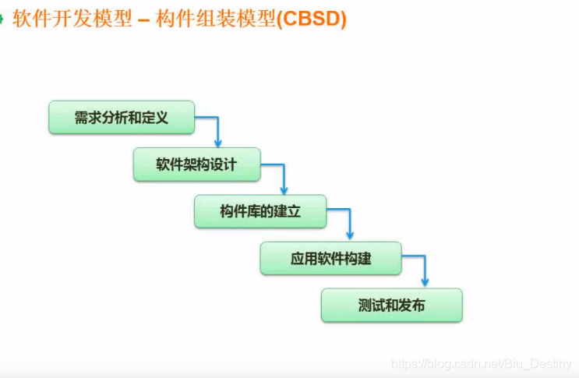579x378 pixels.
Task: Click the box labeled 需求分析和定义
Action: (121, 118)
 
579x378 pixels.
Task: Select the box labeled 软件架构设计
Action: (196, 165)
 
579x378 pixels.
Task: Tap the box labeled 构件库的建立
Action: (260, 211)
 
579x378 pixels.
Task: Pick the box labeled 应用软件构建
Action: (330, 259)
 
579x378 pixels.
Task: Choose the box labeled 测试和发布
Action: (391, 305)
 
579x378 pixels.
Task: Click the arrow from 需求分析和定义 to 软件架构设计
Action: (217, 129)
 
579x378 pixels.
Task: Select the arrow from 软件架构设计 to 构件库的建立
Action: (282, 175)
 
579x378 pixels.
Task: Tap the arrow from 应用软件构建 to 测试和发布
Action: (424, 269)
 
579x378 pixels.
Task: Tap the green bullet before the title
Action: (2, 19)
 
